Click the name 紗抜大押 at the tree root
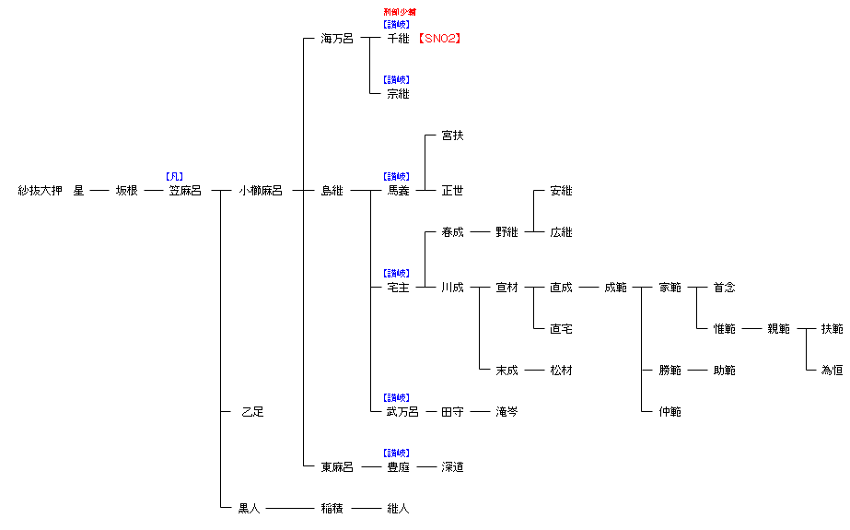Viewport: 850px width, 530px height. [41, 191]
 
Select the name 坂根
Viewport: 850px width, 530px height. [126, 191]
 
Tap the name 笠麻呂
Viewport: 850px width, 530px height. [185, 191]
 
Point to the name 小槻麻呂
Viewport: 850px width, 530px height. [261, 191]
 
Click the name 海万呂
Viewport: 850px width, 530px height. [336, 39]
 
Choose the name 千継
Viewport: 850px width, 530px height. [398, 39]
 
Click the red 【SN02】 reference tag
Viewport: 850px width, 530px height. [438, 39]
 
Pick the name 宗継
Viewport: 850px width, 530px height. [398, 94]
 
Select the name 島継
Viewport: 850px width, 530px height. [332, 191]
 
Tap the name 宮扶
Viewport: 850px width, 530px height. [452, 135]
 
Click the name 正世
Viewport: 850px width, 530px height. [452, 191]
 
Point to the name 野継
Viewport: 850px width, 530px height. [507, 232]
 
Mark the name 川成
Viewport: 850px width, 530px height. [452, 288]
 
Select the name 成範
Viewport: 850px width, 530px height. [615, 288]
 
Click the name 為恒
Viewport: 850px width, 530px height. [832, 371]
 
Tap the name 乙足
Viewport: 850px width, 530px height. [251, 412]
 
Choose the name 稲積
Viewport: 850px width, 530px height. [332, 508]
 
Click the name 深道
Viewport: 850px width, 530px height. [452, 467]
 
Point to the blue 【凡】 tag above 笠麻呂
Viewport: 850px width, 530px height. [174, 176]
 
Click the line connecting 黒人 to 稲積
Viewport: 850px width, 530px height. [290, 508]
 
